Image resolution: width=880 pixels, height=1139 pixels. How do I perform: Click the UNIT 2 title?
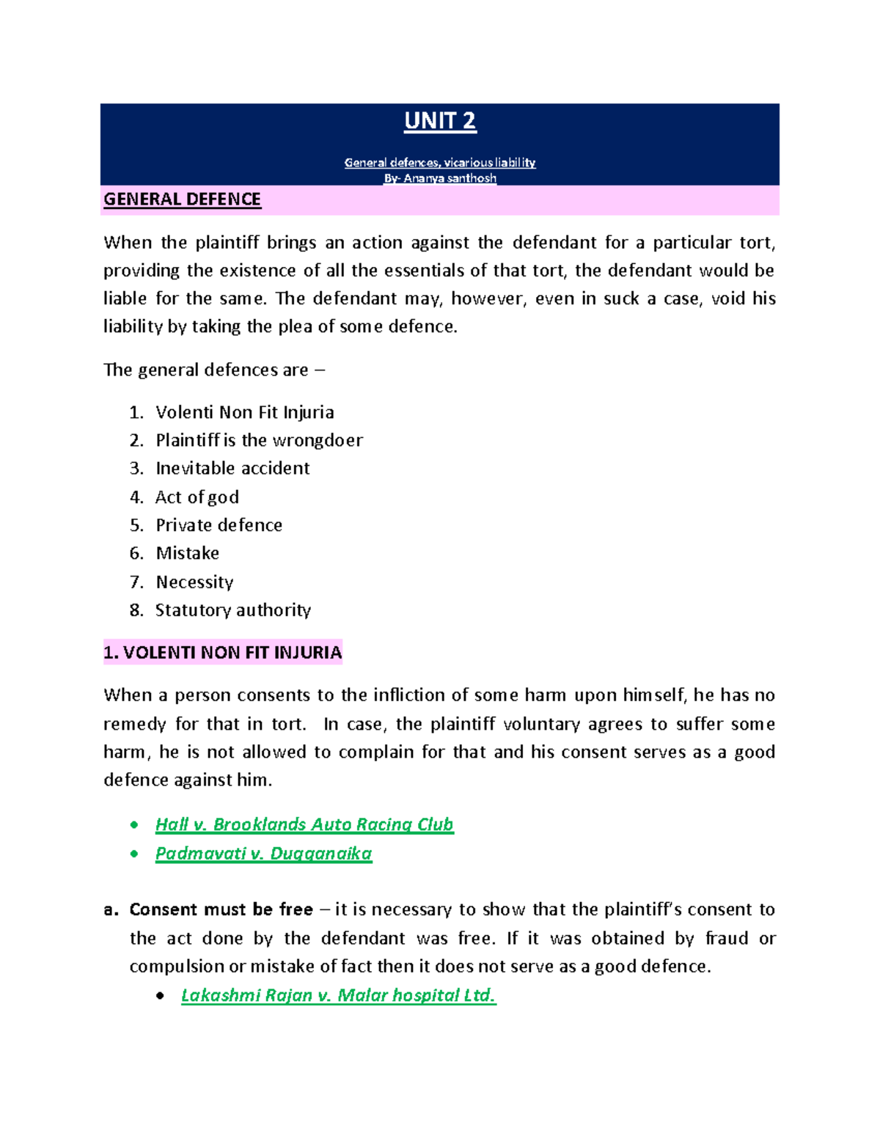tap(440, 121)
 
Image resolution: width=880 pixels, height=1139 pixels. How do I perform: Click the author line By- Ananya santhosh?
tap(440, 178)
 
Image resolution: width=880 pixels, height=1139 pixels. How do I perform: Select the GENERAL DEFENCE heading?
tap(182, 199)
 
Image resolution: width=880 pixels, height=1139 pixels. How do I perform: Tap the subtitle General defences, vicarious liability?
tap(440, 162)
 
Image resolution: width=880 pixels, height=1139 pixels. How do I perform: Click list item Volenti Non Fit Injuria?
tap(244, 412)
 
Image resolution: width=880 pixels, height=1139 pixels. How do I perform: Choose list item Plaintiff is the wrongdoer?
tap(259, 440)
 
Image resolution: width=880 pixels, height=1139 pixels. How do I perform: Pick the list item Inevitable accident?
tap(232, 468)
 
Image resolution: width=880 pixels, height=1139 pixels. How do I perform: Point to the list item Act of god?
tap(197, 497)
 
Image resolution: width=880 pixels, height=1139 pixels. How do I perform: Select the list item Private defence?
tap(219, 525)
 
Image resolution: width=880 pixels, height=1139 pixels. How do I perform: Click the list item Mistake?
tap(187, 553)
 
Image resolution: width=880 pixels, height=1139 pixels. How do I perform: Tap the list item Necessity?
tap(194, 582)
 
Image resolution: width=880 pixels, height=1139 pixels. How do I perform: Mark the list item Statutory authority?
tap(233, 610)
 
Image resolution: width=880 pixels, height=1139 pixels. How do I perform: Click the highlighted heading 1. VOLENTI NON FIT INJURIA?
tap(223, 652)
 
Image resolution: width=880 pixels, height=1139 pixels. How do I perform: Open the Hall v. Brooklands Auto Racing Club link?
tap(304, 824)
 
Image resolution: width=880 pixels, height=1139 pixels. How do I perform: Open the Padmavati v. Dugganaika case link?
tap(263, 853)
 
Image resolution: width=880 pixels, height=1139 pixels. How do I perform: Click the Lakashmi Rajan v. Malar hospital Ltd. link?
tap(338, 995)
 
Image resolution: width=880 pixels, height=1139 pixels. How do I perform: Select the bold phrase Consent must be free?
tap(221, 909)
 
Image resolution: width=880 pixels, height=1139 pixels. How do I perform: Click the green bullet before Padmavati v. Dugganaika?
tap(134, 854)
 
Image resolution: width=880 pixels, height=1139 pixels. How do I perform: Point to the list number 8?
tap(136, 610)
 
